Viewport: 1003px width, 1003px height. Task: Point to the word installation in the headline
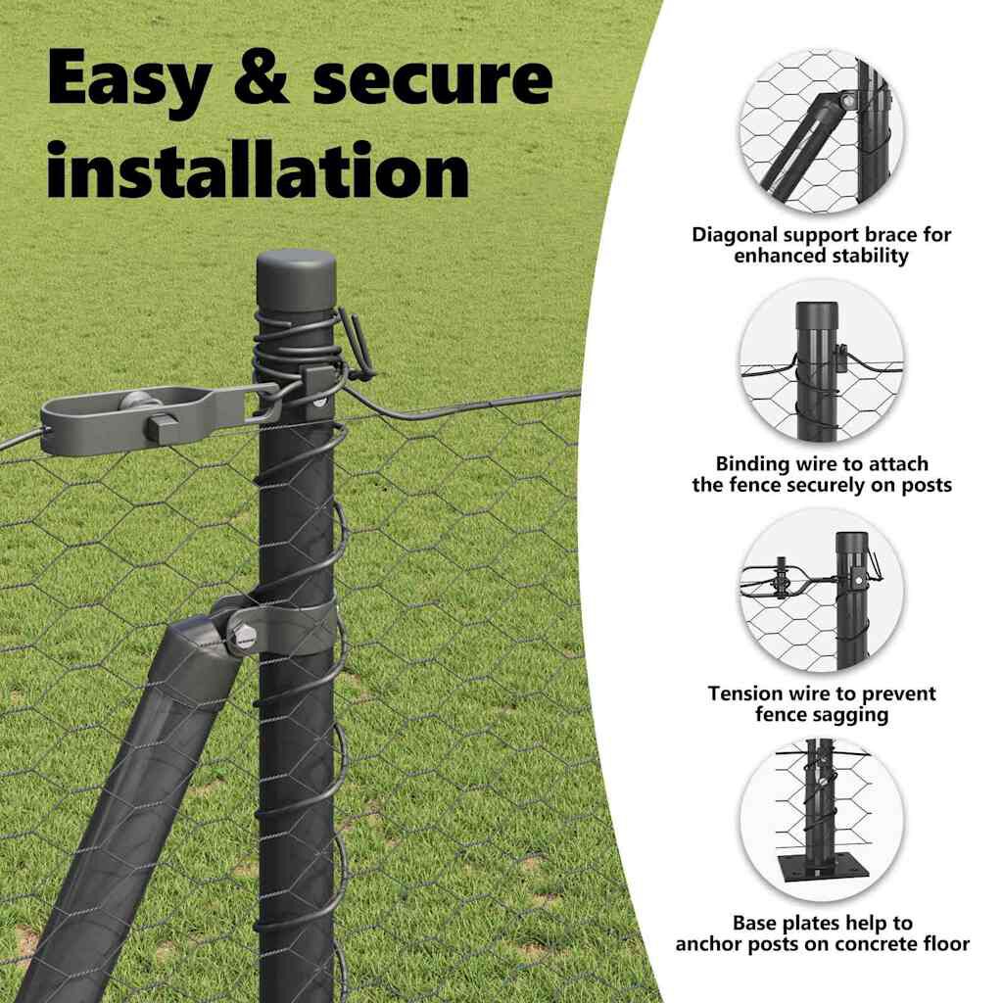(x=259, y=169)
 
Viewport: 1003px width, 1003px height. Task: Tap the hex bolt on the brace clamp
(x=244, y=635)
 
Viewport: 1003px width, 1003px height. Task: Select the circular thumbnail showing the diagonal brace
(x=822, y=130)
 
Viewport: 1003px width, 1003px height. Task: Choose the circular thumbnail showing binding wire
(x=822, y=360)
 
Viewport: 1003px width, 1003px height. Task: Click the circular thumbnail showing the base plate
(x=822, y=820)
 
